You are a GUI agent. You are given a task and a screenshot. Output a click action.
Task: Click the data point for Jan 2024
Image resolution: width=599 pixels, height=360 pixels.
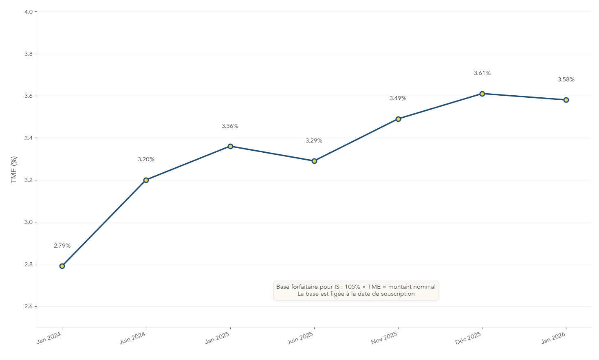click(62, 266)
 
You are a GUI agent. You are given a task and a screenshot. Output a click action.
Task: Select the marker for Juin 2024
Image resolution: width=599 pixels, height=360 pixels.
click(146, 180)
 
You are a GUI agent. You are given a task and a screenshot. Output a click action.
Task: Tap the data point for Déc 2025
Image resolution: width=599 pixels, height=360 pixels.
click(482, 94)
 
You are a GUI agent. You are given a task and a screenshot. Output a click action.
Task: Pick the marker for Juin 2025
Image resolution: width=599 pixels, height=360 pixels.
click(314, 161)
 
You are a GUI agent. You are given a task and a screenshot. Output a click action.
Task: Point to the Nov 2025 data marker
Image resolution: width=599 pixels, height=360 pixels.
click(398, 119)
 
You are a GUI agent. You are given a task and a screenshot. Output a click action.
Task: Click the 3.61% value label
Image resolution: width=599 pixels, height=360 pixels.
click(482, 73)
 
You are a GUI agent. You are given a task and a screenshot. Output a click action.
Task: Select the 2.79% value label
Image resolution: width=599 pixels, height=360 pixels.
click(62, 246)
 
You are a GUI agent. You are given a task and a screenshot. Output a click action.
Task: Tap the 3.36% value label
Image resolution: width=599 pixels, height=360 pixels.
click(230, 126)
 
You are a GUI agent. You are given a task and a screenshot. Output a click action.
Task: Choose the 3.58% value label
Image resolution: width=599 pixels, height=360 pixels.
click(566, 80)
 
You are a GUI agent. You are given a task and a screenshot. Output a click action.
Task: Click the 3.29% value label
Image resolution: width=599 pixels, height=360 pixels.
click(314, 141)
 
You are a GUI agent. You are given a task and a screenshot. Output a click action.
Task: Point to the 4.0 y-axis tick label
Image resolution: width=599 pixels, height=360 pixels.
click(29, 12)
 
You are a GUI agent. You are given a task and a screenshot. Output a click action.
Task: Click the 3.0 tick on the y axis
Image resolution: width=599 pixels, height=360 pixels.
click(29, 222)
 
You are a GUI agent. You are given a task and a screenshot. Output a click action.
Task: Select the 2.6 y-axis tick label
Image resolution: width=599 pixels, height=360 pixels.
click(29, 307)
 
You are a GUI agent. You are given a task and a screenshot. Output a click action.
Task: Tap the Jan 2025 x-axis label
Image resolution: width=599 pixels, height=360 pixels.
click(217, 338)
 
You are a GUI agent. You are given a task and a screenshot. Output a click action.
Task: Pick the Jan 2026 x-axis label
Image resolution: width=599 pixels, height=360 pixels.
click(553, 338)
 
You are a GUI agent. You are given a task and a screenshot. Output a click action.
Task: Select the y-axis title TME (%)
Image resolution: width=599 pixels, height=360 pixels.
click(14, 169)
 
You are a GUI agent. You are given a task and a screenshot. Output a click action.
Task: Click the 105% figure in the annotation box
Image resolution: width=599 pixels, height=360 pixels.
click(352, 287)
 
